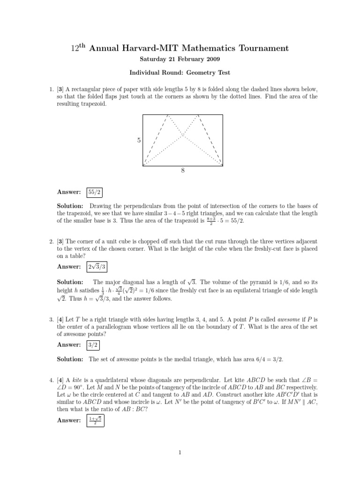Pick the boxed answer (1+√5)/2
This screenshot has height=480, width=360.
[x=96, y=420]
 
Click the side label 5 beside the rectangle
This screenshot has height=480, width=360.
[x=139, y=140]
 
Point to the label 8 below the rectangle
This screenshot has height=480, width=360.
[x=182, y=171]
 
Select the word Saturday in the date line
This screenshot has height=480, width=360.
[x=153, y=60]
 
